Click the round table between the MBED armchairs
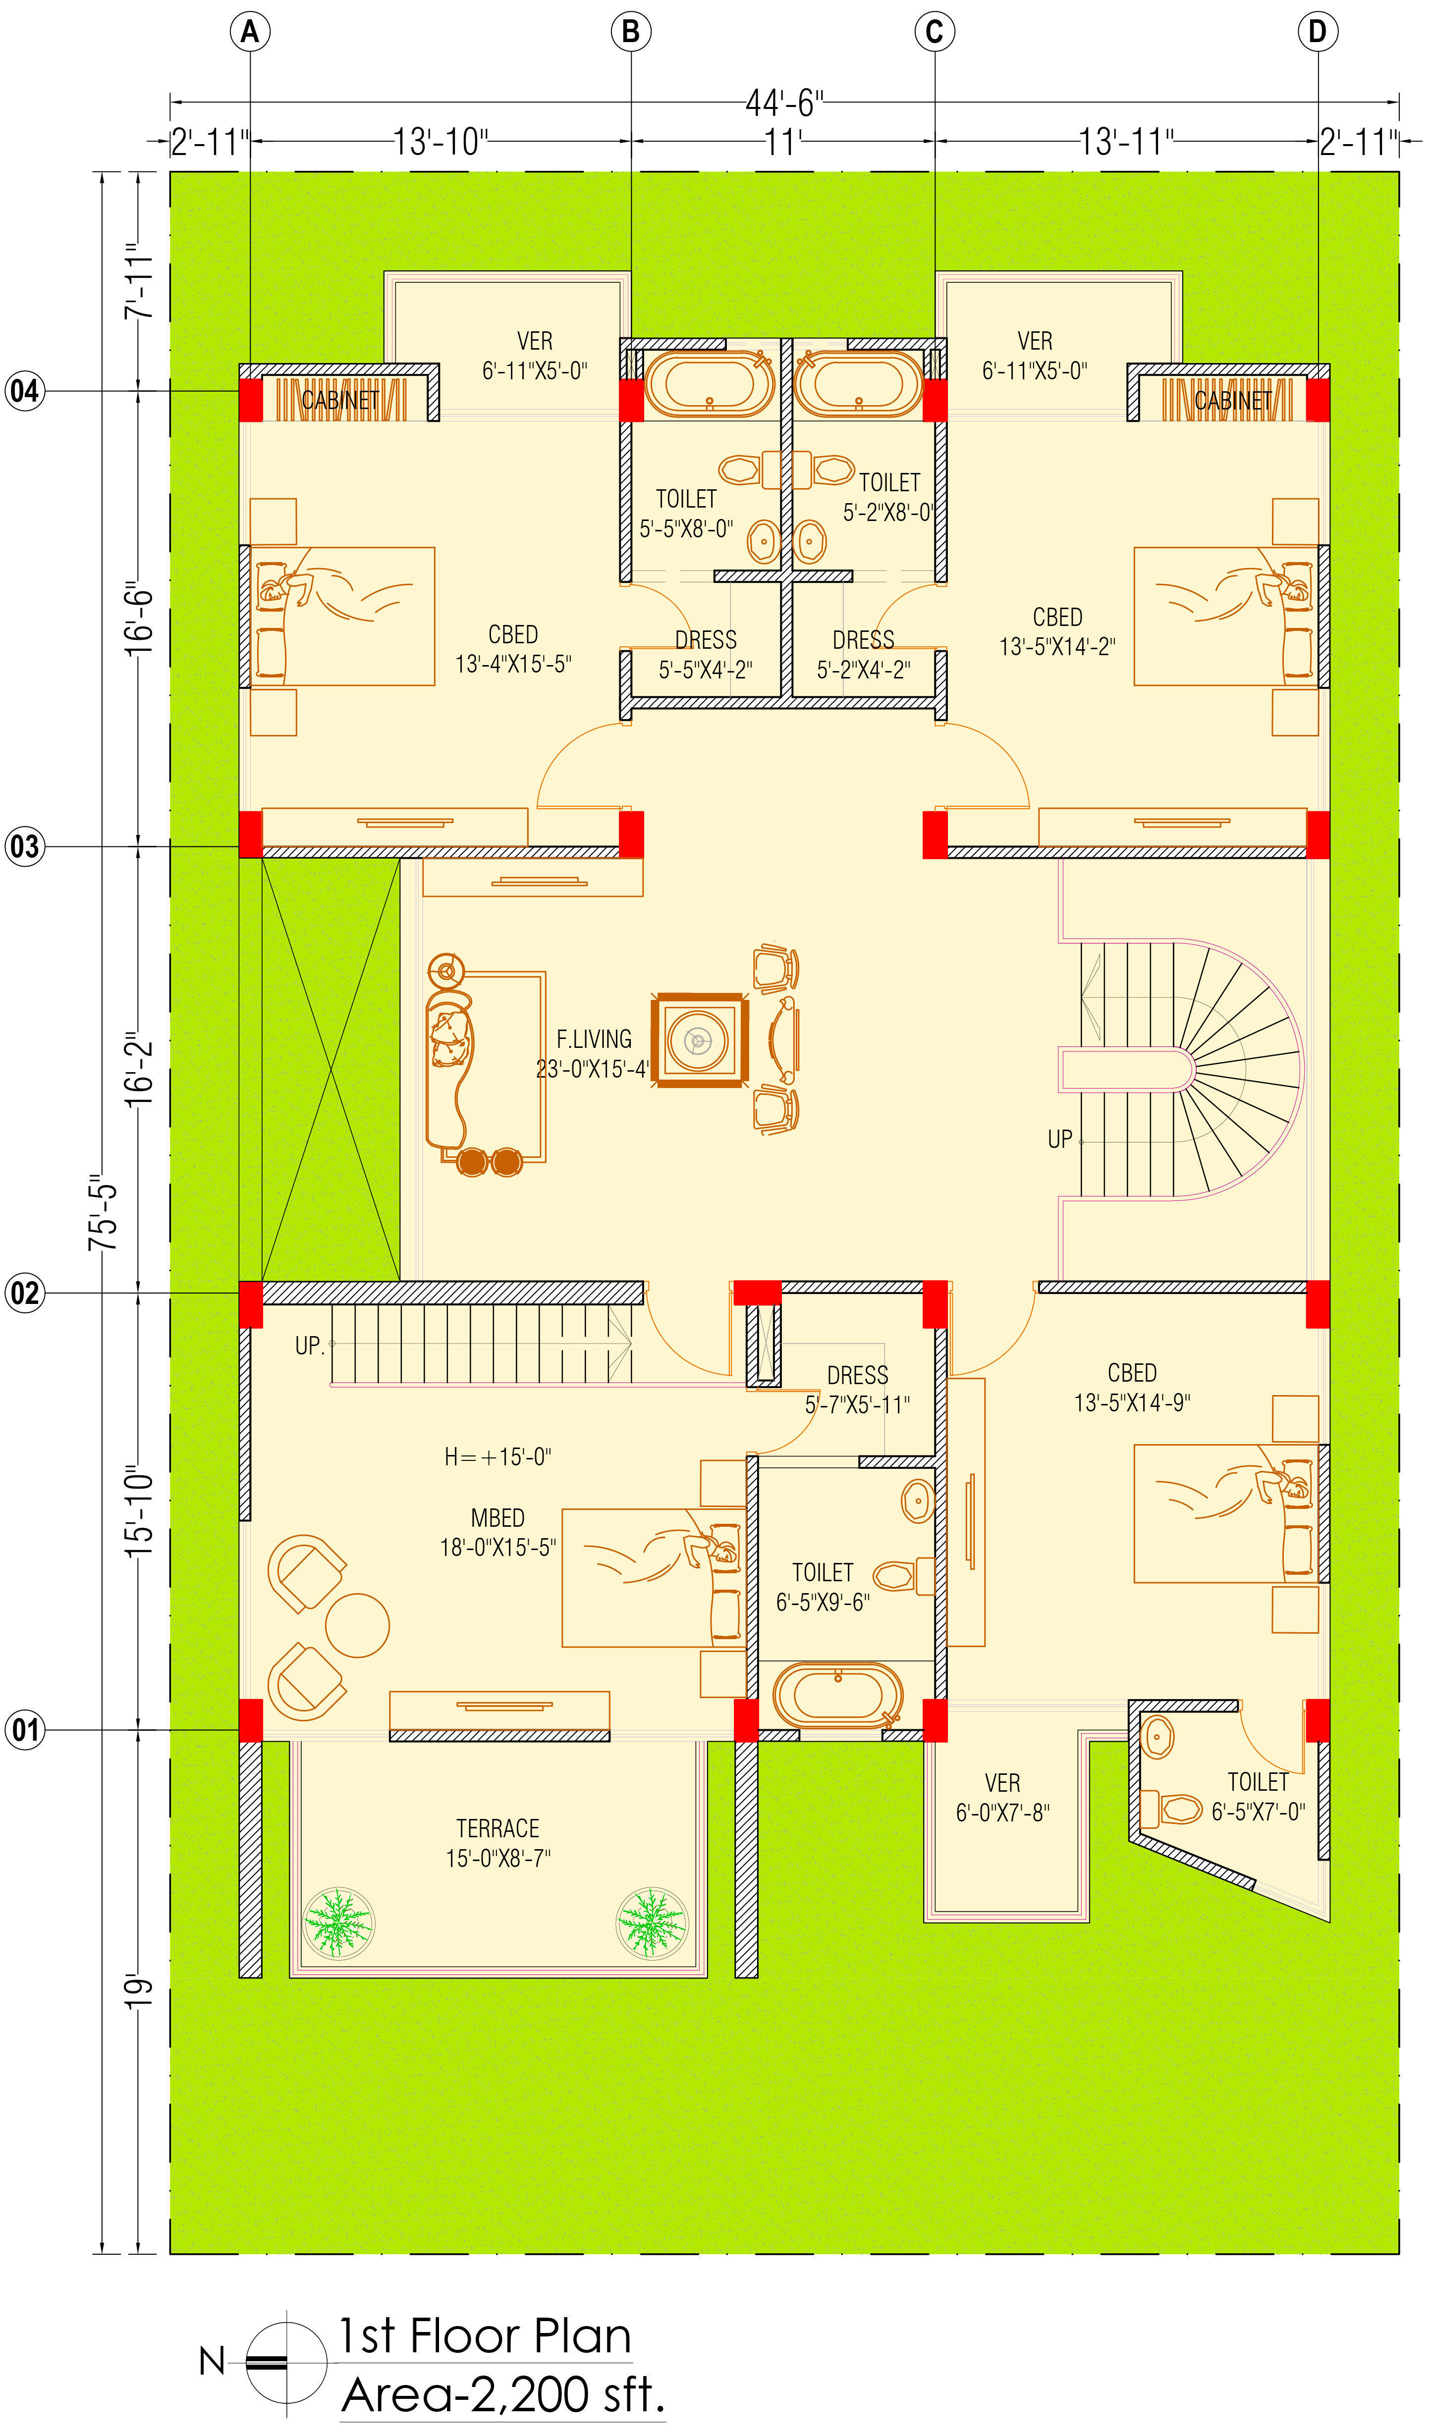(x=357, y=1625)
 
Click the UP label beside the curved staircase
(x=1060, y=1140)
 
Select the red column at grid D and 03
(x=1317, y=834)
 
